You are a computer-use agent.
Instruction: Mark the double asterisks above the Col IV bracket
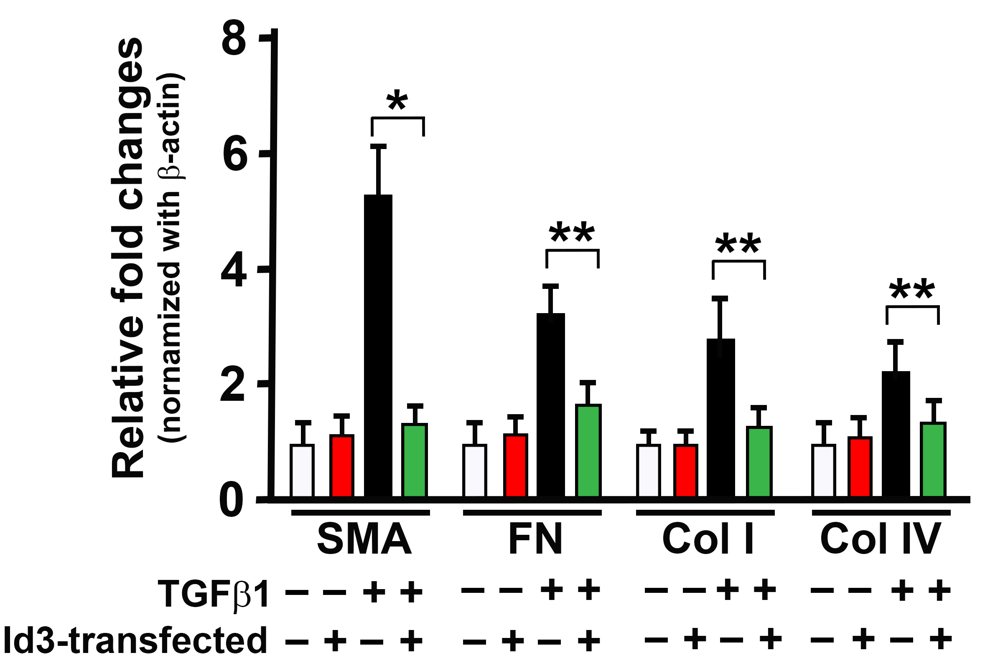[x=912, y=291]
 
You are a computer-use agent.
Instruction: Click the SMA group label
[x=364, y=540]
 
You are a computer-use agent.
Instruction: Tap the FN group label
[x=536, y=540]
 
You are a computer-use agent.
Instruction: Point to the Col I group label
[x=708, y=540]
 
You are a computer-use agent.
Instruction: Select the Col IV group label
[x=880, y=540]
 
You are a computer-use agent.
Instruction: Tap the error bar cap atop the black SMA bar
[x=378, y=147]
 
